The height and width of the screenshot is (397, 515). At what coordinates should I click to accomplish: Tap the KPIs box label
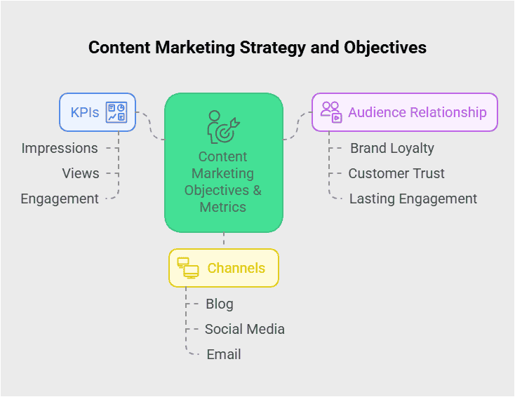(x=85, y=112)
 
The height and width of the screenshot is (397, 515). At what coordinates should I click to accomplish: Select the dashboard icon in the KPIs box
(x=116, y=112)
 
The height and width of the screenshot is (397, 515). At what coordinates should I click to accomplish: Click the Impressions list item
(x=60, y=148)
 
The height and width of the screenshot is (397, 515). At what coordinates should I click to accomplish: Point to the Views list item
(x=81, y=173)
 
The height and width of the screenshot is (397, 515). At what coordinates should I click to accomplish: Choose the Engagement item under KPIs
(x=60, y=198)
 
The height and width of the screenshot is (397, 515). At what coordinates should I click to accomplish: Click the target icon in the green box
(x=224, y=127)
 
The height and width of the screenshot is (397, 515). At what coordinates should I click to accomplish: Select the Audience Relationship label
(x=417, y=112)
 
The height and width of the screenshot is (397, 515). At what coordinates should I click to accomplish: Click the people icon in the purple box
(x=331, y=112)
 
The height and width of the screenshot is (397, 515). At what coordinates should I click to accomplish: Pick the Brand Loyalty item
(x=392, y=148)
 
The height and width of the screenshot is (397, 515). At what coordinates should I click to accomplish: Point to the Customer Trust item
(x=396, y=173)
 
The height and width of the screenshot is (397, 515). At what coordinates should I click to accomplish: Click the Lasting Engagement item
(x=413, y=198)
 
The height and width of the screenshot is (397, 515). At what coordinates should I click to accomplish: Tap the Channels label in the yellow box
(x=236, y=268)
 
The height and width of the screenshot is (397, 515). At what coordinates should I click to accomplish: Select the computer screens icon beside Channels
(x=188, y=267)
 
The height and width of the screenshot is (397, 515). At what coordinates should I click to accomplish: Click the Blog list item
(x=220, y=304)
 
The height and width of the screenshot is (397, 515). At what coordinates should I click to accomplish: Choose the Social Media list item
(x=245, y=329)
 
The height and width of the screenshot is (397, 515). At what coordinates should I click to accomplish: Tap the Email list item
(x=224, y=354)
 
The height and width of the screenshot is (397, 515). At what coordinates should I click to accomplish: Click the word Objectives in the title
(x=385, y=48)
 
